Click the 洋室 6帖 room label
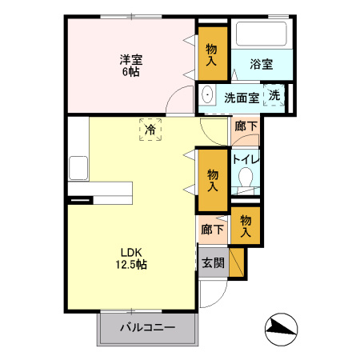(x=132, y=64)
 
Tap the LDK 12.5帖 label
(x=132, y=258)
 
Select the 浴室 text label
(x=261, y=64)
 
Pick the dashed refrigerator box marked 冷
(x=150, y=129)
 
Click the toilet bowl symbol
(x=246, y=177)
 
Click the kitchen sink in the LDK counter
(x=78, y=169)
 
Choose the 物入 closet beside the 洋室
(x=212, y=54)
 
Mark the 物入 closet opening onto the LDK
(x=213, y=181)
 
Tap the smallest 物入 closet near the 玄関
(x=246, y=226)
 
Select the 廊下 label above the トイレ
(x=246, y=126)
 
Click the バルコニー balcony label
(x=148, y=327)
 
